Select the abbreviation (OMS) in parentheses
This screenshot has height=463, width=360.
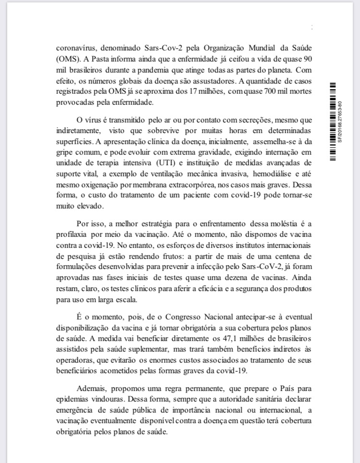click(67, 59)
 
